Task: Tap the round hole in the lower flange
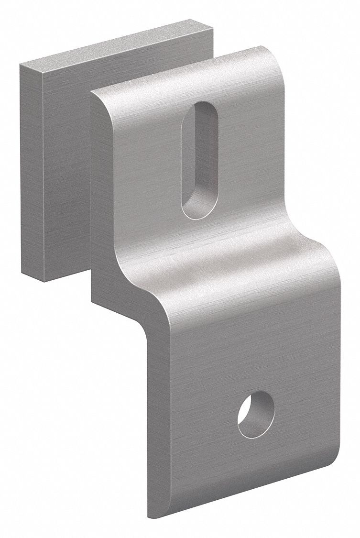pyautogui.click(x=256, y=414)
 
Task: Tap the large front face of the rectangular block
pyautogui.click(x=67, y=172)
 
